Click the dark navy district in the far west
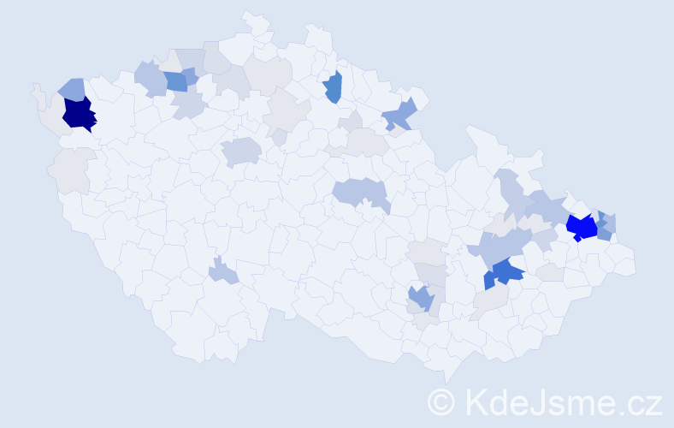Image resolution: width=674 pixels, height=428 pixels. (x=79, y=114)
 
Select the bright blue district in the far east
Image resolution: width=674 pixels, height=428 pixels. (x=582, y=228)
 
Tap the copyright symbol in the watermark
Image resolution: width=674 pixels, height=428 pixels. (x=442, y=401)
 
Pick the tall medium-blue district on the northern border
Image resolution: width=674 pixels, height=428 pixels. (x=334, y=86)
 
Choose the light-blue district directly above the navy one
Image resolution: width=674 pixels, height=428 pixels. (x=73, y=89)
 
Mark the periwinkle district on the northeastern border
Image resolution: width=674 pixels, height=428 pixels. (x=400, y=116)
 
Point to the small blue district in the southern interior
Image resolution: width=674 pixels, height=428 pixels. (x=222, y=273)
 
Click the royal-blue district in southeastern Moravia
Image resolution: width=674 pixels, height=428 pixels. (x=506, y=273)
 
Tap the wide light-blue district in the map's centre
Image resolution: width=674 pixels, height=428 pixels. (x=360, y=193)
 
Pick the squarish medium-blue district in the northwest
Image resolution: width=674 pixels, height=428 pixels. (x=176, y=81)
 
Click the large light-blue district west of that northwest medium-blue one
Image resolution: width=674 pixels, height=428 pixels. (x=151, y=79)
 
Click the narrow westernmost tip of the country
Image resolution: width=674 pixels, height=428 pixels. (x=36, y=89)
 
